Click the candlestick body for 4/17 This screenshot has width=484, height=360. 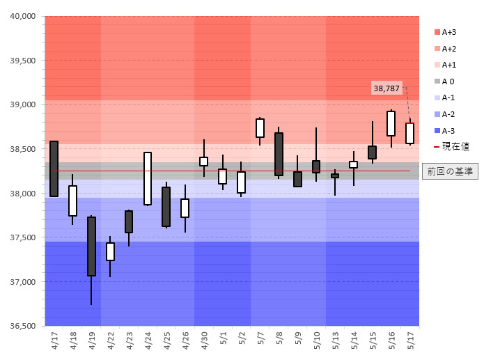pos(54,169)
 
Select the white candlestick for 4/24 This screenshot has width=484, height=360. pos(148,178)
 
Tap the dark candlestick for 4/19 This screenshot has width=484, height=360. pos(91,246)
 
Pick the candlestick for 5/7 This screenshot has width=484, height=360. pos(260,128)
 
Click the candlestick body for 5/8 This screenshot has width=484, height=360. pos(279,154)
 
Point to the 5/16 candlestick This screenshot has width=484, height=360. pos(391,123)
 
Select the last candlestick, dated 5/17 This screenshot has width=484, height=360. pos(410,133)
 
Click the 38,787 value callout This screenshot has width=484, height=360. pos(387,88)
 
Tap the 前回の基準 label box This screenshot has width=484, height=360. pos(449,171)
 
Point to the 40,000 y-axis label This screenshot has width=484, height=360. pos(22,16)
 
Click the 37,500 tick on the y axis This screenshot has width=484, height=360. pos(22,237)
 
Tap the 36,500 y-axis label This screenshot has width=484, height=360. pos(22,326)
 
